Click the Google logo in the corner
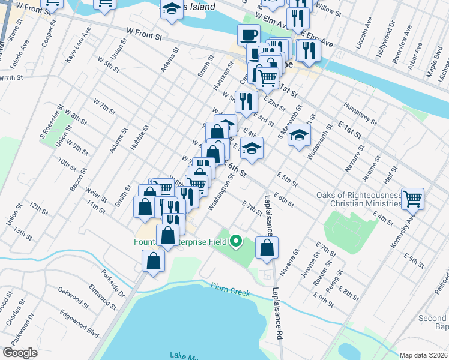[20, 353]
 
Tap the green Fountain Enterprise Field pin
[236, 242]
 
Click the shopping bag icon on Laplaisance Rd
[267, 247]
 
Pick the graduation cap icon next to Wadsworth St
[298, 135]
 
